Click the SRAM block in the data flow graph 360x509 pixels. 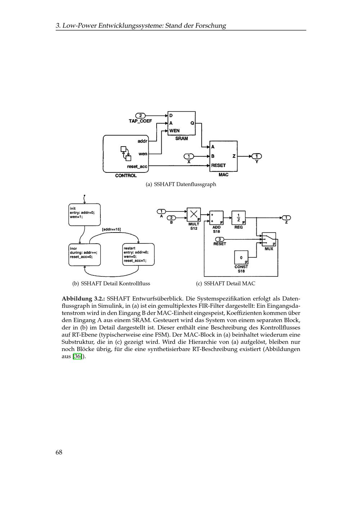click(x=181, y=123)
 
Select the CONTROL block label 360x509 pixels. click(x=126, y=176)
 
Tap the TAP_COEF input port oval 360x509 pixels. click(x=140, y=116)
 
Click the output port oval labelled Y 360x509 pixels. click(x=257, y=156)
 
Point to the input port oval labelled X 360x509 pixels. click(x=189, y=156)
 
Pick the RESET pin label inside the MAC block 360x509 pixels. click(x=218, y=165)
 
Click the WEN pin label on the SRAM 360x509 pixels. click(x=174, y=131)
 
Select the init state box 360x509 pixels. click(x=84, y=215)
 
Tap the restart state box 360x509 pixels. click(x=138, y=255)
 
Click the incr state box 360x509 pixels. click(x=84, y=255)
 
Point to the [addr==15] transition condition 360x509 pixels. click(x=111, y=229)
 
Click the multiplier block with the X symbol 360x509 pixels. click(x=194, y=215)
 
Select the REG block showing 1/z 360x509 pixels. click(x=238, y=218)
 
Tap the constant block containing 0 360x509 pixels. click(x=241, y=258)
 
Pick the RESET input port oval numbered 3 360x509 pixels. click(x=220, y=239)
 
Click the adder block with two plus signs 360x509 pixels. click(x=216, y=218)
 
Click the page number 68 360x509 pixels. click(x=59, y=452)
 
